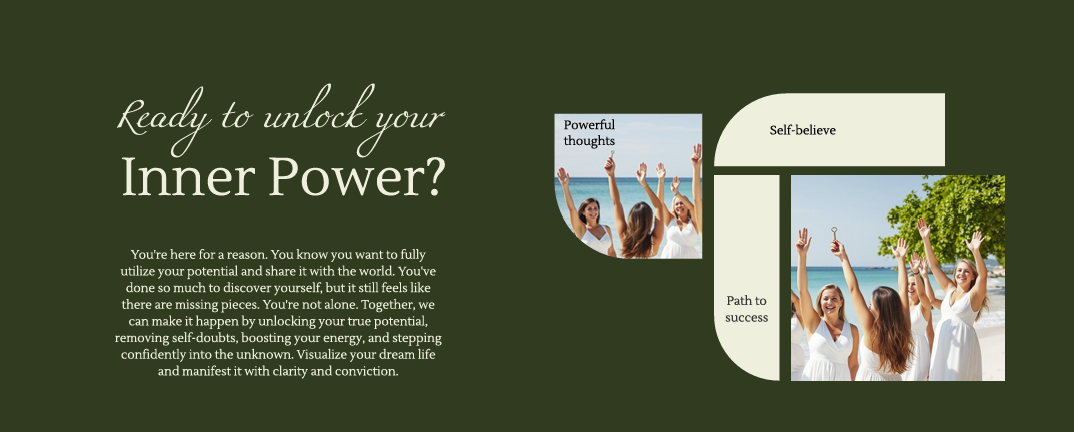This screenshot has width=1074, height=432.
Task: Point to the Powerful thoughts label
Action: (589, 133)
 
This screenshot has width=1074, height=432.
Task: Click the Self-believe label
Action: (802, 130)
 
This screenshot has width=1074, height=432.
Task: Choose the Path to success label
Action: (747, 309)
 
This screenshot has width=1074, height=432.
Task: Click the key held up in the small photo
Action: (612, 155)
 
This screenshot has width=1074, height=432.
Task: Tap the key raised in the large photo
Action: (834, 234)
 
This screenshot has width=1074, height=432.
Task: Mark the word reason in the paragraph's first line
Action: (249, 255)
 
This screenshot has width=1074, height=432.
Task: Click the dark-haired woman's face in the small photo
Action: (590, 212)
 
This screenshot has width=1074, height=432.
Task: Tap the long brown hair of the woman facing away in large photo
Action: (890, 329)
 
